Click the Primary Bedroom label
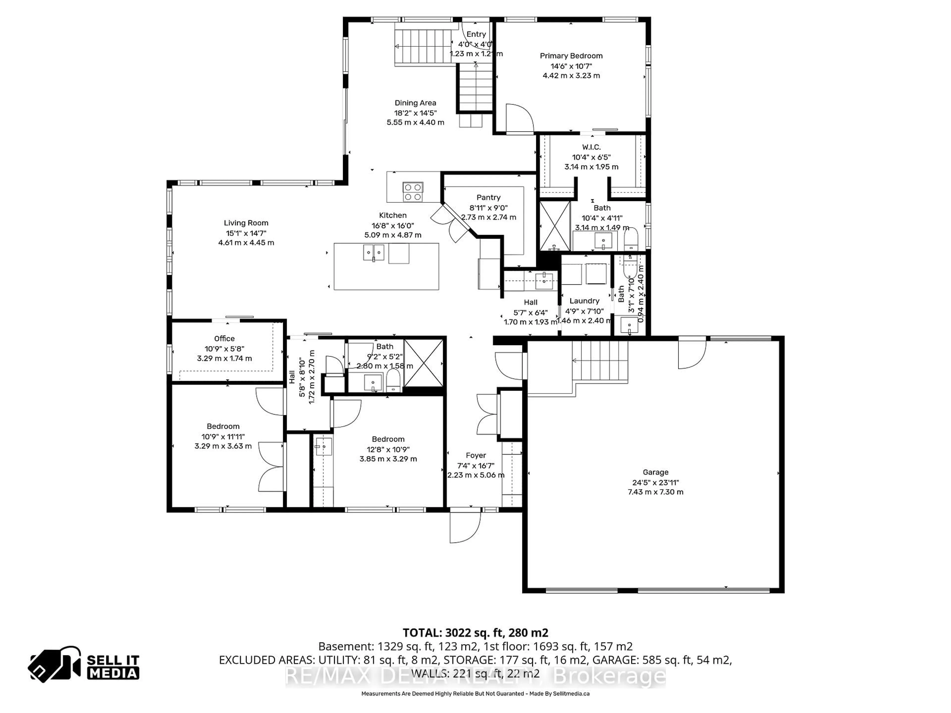[571, 56]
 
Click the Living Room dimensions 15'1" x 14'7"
[246, 233]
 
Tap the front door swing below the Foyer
[464, 528]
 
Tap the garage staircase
[600, 360]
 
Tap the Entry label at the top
[476, 34]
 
